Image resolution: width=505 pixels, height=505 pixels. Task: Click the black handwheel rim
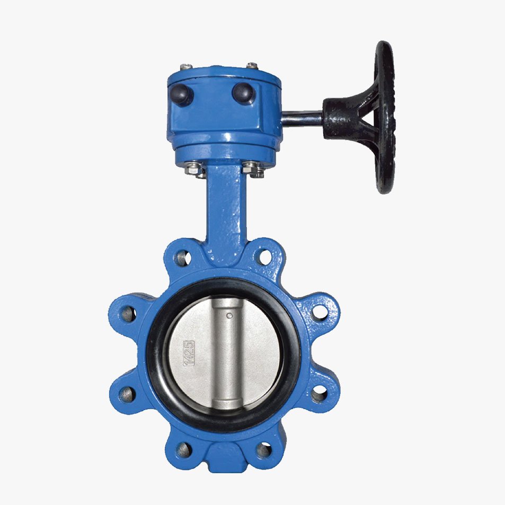pos(385,118)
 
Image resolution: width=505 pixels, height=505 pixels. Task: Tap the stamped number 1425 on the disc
pos(189,353)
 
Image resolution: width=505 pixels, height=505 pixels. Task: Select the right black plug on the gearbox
pos(244,93)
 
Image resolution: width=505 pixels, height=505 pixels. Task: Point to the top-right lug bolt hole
pos(264,258)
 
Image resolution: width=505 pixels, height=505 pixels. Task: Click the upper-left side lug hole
pos(128,313)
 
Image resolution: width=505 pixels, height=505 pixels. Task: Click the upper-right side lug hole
pos(320,312)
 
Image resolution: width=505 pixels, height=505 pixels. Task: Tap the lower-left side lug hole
pos(128,394)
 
